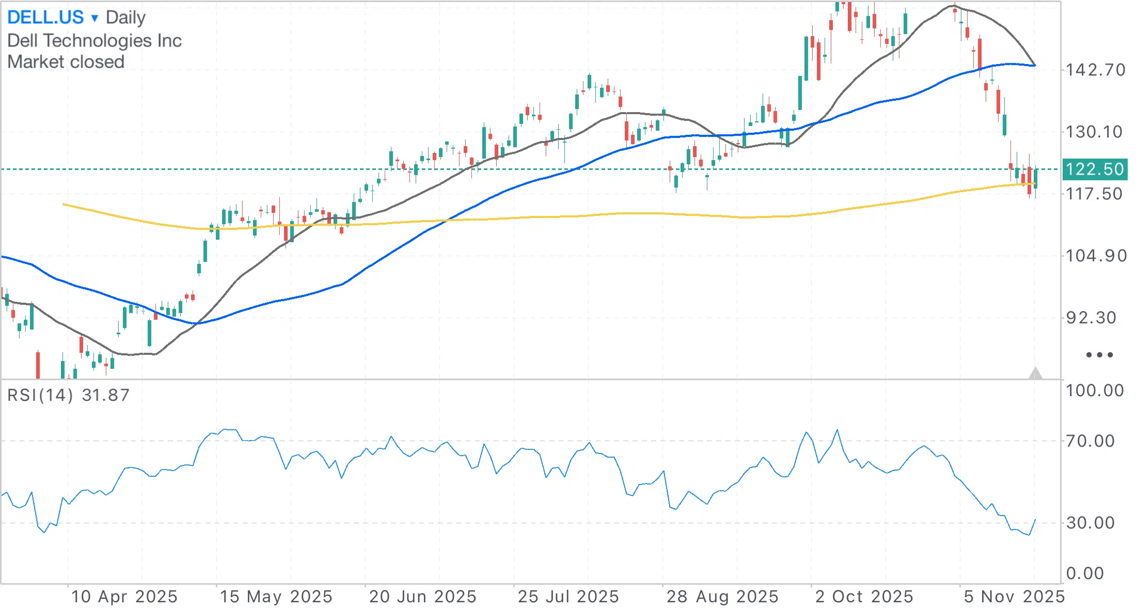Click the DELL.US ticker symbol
[x=45, y=18]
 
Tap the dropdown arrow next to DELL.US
[x=94, y=19]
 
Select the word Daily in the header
[x=125, y=18]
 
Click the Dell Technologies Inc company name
[x=94, y=40]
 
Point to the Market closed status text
[x=66, y=62]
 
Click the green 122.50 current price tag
[x=1095, y=169]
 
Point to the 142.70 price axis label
[x=1096, y=70]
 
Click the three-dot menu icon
[x=1099, y=355]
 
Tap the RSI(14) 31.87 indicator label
[x=69, y=395]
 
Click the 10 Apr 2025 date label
[x=124, y=597]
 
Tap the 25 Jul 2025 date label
[x=568, y=597]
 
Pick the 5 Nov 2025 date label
[x=1014, y=597]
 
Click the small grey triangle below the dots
[x=1035, y=373]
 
